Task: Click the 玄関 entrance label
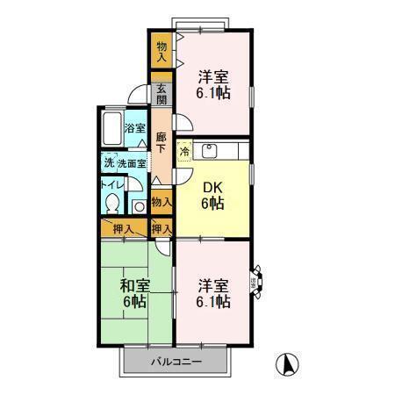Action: [x=162, y=93]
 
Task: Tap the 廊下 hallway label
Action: [x=162, y=142]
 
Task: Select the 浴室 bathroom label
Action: [x=134, y=129]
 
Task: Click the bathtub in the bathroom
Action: [x=111, y=129]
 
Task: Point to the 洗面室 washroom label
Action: [x=132, y=163]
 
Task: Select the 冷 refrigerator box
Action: [x=184, y=152]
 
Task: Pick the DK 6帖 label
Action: [x=212, y=194]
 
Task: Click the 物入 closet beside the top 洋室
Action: [x=162, y=50]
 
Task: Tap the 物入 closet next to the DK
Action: [x=162, y=203]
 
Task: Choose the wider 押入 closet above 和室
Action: [x=124, y=229]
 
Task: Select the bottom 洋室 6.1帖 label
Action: [x=213, y=293]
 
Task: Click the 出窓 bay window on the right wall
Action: [x=255, y=281]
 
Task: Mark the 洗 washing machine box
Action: [x=108, y=163]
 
